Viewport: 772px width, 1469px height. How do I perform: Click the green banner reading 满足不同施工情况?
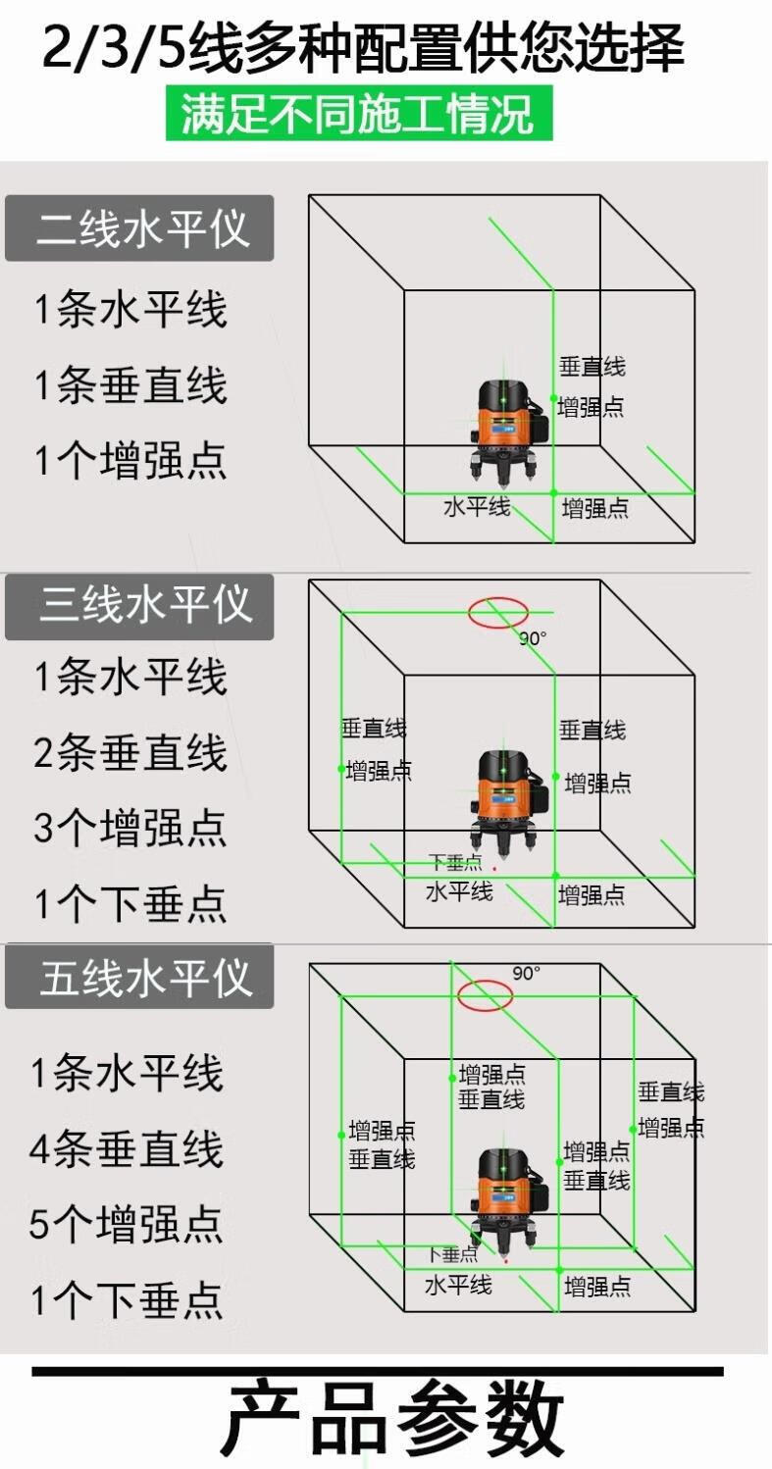(x=359, y=113)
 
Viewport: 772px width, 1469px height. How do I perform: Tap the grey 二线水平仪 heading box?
(x=139, y=228)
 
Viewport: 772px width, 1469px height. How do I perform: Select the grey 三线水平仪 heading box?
(x=139, y=607)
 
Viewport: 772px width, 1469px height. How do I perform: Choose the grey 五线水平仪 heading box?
(x=139, y=978)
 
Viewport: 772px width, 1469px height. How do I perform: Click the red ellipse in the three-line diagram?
(x=497, y=612)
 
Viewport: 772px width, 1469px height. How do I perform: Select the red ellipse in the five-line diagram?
(x=485, y=995)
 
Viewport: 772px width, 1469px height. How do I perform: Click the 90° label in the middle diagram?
(x=534, y=638)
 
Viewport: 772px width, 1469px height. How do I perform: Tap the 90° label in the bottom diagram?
(x=527, y=974)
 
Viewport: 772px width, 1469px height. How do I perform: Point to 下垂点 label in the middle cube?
(x=456, y=863)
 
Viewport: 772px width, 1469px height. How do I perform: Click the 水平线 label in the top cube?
(x=477, y=507)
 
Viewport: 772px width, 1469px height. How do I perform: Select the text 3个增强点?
(x=130, y=828)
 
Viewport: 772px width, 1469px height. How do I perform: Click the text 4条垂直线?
(x=127, y=1149)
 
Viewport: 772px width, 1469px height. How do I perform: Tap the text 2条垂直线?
(x=130, y=752)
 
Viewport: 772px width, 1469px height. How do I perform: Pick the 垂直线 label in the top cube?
(x=592, y=368)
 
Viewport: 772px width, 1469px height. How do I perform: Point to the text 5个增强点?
(x=127, y=1225)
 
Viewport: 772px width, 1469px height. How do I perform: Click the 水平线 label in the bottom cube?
(x=458, y=1285)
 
